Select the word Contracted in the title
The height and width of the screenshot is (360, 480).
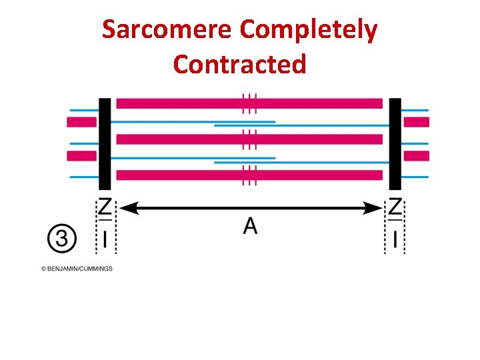[239, 64]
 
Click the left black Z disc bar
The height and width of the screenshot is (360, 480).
[105, 144]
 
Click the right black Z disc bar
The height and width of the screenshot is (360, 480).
[395, 144]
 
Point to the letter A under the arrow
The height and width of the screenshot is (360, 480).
[250, 227]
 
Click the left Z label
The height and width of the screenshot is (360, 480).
[105, 208]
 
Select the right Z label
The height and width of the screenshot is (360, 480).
[395, 208]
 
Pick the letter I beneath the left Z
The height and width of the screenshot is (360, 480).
[105, 239]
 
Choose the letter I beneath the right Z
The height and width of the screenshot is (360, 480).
[395, 239]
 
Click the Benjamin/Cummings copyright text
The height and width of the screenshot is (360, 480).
[77, 269]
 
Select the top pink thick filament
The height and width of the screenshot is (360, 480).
[249, 103]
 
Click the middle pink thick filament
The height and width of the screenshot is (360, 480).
[249, 139]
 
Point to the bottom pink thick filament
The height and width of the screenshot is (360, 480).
[249, 175]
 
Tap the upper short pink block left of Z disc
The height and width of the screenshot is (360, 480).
[81, 122]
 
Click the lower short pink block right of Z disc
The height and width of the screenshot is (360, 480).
[417, 156]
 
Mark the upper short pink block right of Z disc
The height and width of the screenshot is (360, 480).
[417, 122]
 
